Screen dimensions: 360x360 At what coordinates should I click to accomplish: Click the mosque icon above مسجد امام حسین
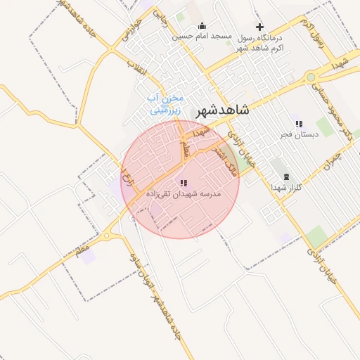[202, 26]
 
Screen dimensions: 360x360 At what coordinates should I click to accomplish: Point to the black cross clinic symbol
[260, 27]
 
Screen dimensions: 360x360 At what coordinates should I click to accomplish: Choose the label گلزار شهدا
[286, 187]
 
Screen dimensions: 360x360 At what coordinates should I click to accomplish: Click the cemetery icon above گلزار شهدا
[285, 176]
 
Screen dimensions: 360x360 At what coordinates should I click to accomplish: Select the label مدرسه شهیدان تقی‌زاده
[184, 193]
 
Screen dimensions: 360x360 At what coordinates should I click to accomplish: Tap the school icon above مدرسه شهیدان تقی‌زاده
[184, 183]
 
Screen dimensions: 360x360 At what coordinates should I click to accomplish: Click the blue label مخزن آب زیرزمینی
[166, 104]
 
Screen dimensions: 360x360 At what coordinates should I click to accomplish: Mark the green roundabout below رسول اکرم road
[310, 77]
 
